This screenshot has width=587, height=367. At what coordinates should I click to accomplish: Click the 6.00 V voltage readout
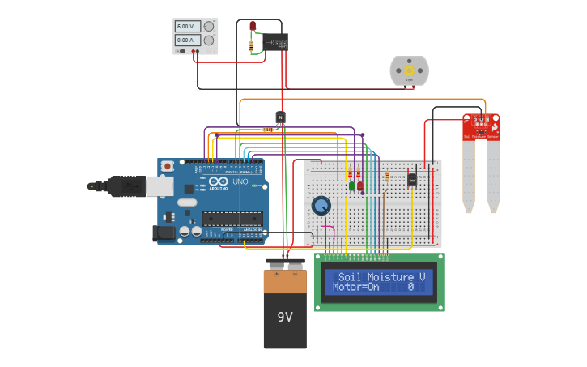coord(188,27)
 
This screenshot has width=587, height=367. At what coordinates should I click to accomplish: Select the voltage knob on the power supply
coord(209,27)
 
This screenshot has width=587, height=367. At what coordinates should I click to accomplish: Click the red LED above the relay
coord(253,27)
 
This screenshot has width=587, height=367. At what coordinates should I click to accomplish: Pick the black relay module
coord(274,42)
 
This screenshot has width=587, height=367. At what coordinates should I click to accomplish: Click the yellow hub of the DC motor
coord(409,70)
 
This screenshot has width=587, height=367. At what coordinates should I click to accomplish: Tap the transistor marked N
coord(281,117)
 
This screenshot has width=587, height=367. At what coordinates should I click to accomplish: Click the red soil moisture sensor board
coord(481,126)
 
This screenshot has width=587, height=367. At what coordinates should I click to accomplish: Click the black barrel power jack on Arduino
coord(164,233)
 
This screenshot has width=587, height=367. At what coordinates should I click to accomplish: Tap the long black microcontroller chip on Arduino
coord(232,218)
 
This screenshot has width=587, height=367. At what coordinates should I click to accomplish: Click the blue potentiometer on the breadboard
coord(321,206)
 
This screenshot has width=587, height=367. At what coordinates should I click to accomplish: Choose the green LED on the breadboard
coord(352,186)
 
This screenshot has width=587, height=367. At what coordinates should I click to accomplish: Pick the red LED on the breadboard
coord(360,186)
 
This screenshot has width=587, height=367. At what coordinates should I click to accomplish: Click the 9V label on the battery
coord(285,317)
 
